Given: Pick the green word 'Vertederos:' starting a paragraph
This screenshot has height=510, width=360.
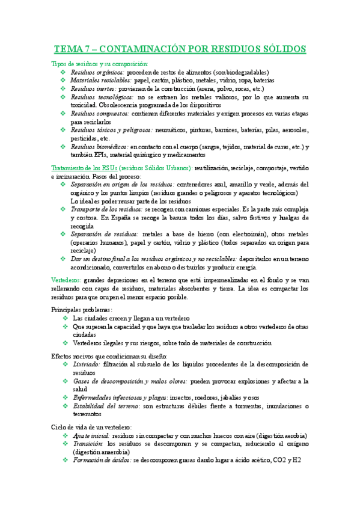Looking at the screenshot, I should coord(66,280).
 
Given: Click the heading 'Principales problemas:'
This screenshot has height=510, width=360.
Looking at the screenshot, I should coord(81,309).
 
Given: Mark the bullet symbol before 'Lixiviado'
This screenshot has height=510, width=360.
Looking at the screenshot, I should coord(64,364).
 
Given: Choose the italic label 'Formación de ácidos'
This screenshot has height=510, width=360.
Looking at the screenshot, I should coord(100,460).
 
